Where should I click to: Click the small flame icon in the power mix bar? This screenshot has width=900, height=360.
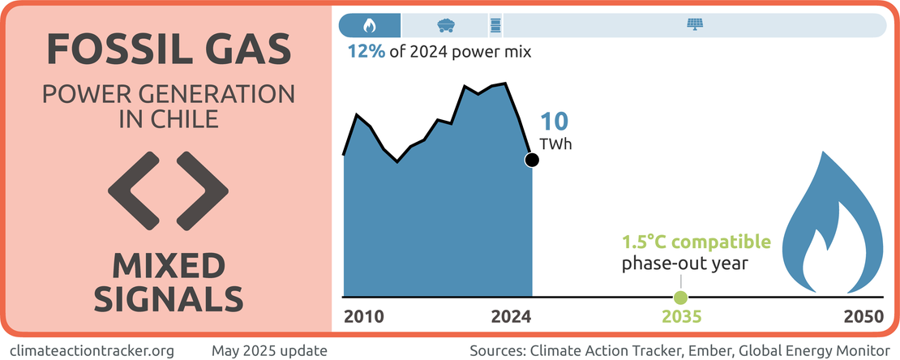pos(370,24)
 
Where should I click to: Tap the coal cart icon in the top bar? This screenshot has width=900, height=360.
pos(444,24)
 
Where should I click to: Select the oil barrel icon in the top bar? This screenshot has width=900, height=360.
pos(495,24)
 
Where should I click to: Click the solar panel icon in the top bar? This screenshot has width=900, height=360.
pos(696,24)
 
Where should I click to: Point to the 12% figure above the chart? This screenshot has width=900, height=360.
pos(362,51)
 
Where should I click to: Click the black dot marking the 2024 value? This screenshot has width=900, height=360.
pos(532,160)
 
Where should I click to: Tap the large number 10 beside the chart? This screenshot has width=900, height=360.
pos(555,122)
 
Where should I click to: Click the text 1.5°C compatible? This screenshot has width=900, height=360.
pos(695,242)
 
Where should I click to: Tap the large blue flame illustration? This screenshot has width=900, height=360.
pos(835,231)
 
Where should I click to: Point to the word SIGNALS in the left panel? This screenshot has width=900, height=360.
pos(169,298)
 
